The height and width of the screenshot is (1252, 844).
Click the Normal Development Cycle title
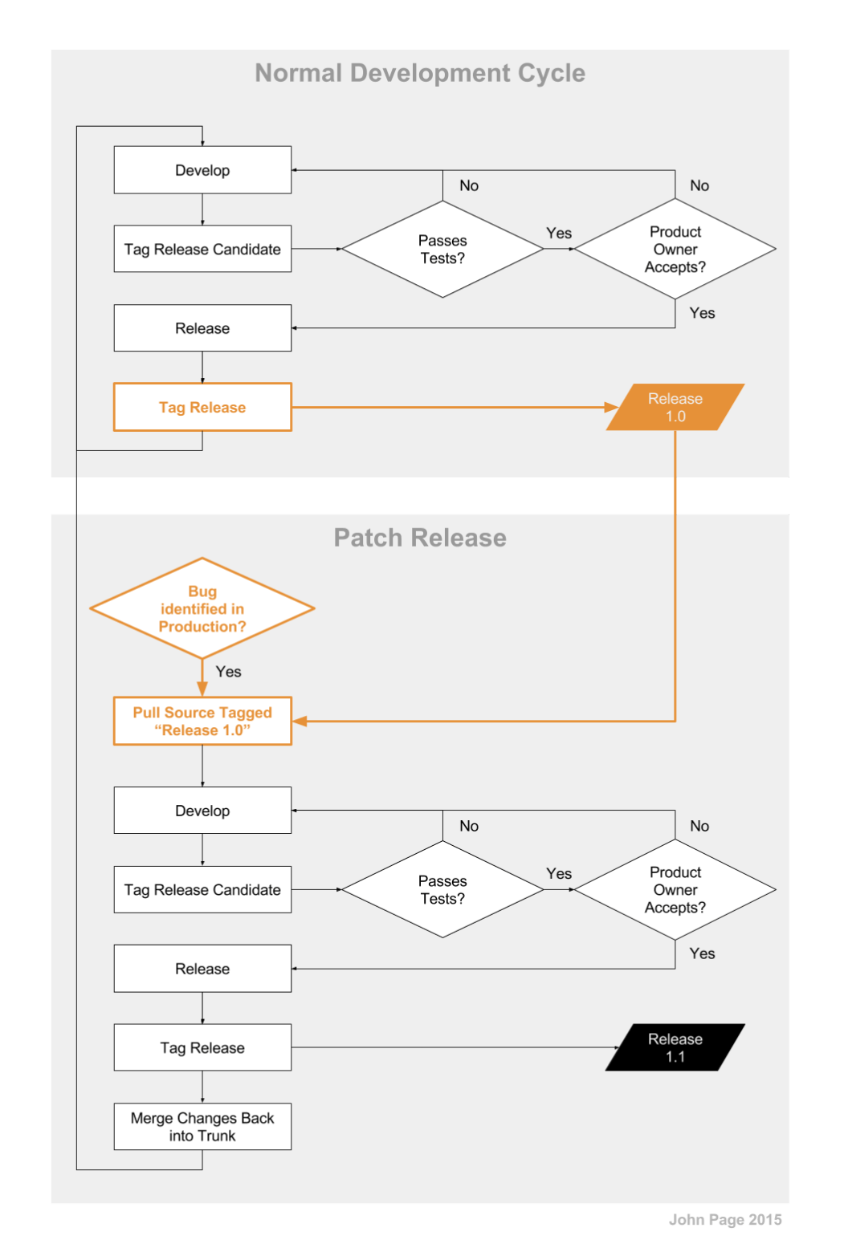420,73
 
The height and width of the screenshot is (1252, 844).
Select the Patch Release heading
420,538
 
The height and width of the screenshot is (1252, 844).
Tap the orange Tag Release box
202,408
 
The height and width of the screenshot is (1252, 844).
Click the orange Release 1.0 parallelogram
675,408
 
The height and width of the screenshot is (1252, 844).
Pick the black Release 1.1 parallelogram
675,1047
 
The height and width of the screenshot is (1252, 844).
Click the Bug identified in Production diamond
202,608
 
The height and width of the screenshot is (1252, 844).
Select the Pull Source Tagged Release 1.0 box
202,722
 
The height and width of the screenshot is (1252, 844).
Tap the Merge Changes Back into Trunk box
202,1127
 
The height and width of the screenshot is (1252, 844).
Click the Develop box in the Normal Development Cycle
202,170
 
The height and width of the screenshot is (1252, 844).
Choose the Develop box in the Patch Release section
202,811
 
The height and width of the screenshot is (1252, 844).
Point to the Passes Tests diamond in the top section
442,250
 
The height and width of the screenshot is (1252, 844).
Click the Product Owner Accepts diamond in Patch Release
675,889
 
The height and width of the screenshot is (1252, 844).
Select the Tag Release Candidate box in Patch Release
202,889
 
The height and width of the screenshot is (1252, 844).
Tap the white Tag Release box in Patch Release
202,1047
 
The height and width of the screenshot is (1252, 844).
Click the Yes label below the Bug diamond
229,672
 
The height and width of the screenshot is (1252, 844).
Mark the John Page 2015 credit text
725,1220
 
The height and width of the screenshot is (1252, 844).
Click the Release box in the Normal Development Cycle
202,328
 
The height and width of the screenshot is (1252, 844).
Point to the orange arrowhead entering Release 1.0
611,408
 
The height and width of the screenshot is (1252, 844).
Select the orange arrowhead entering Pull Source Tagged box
300,722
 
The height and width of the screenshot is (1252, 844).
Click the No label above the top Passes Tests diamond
469,185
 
